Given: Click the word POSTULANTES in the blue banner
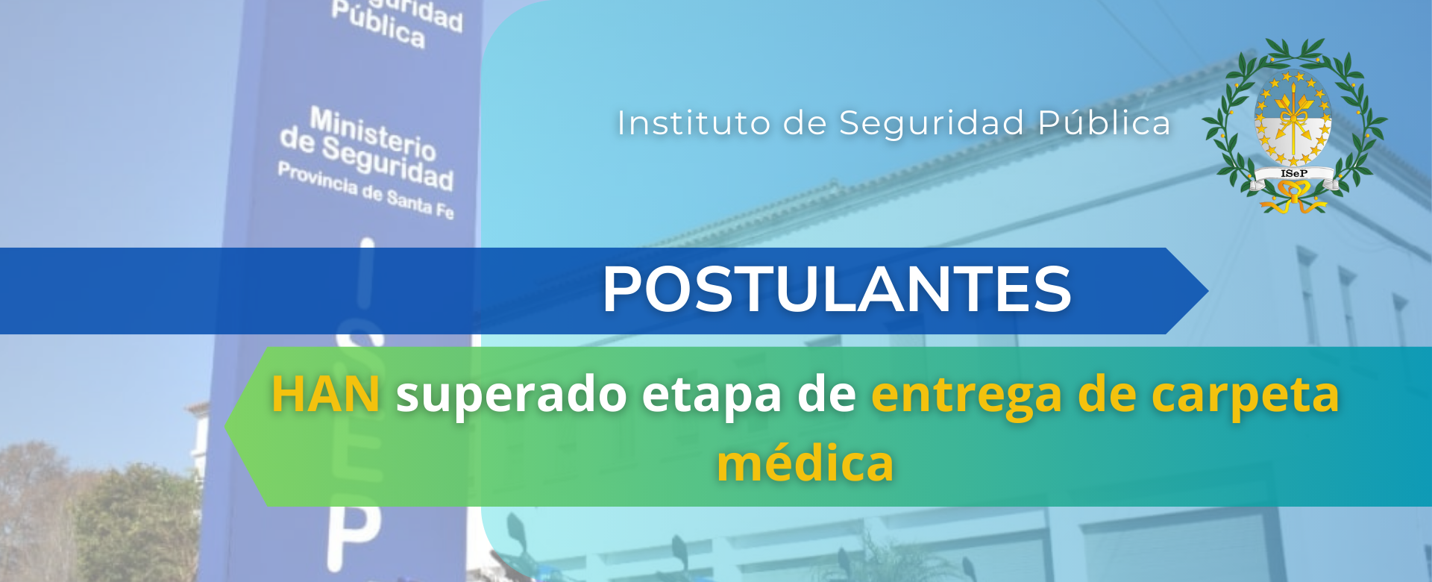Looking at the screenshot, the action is [x=837, y=289].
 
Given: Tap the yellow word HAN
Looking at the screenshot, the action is [x=326, y=394].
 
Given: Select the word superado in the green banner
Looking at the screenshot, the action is [x=512, y=395].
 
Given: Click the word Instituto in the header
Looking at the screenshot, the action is [x=694, y=124].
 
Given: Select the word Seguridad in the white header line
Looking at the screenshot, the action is [x=932, y=124].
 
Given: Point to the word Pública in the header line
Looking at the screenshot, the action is [x=1105, y=124].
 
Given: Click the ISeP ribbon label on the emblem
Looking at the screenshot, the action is [x=1294, y=174].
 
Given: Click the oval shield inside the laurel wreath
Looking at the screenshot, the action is [x=1293, y=119].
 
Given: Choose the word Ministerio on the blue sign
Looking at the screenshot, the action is [x=373, y=134].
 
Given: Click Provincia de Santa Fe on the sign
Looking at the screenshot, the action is [x=365, y=190].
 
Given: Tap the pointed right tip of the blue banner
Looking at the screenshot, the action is [x=1208, y=290].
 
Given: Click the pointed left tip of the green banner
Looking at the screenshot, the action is [x=226, y=427].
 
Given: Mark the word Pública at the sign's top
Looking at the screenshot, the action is [x=379, y=25].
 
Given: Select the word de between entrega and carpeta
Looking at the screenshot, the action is [x=1107, y=394].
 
